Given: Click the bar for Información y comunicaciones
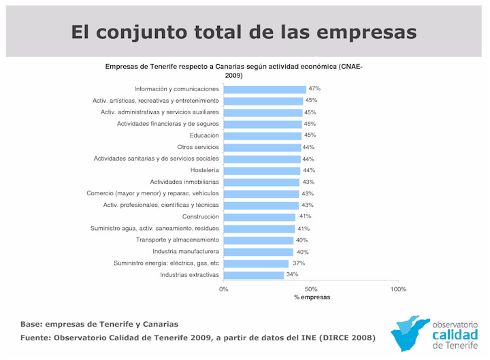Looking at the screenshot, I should pos(265,89).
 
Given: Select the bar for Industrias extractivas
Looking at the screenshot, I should pos(253,275).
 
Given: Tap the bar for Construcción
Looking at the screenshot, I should pos(259,217).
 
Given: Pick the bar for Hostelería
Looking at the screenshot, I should pos(262,170).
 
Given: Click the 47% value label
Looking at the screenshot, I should pos(314,88).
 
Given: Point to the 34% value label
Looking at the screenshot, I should pos(292,274).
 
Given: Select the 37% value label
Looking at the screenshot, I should pos(297,263).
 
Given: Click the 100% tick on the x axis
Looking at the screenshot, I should pos(399,289).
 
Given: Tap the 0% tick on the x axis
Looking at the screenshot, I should pos(224,289).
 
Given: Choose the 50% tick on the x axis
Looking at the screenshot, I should pos(311,289).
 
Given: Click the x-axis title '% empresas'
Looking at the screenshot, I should pos(312,298).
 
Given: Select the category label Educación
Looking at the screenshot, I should pos(204,135).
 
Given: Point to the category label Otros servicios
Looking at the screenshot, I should pos(198,147).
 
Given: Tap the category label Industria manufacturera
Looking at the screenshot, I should pos(185,252).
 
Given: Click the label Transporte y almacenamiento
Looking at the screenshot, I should pos(177,240).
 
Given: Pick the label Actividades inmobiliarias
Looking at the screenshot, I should pos(184,182).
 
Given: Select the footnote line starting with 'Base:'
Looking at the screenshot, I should pos(99,324).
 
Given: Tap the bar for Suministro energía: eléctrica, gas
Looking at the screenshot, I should pos(256,263).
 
